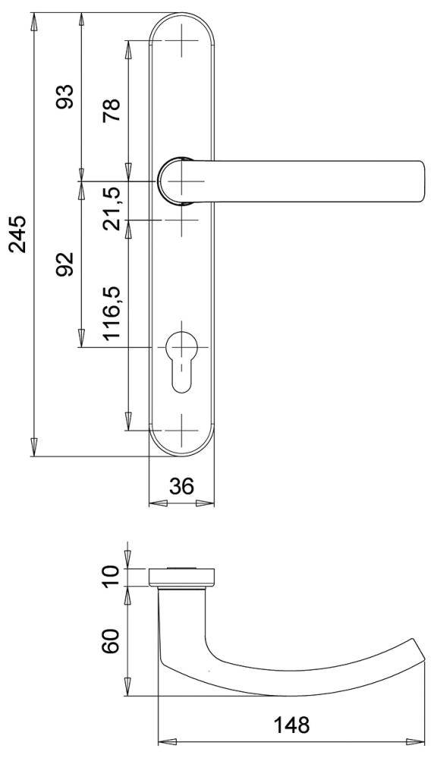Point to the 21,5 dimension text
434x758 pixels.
click(x=112, y=203)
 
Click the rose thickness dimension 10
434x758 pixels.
click(x=112, y=575)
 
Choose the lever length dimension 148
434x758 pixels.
click(x=291, y=725)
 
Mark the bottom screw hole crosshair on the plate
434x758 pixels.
click(x=182, y=430)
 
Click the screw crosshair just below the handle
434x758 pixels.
click(x=182, y=221)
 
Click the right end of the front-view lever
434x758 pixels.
click(x=419, y=182)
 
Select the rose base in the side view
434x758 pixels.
click(x=181, y=577)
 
